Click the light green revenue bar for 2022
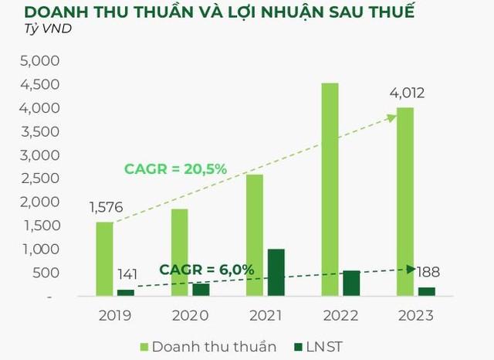click(x=330, y=189)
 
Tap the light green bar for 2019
click(x=104, y=259)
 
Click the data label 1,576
click(x=106, y=208)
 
